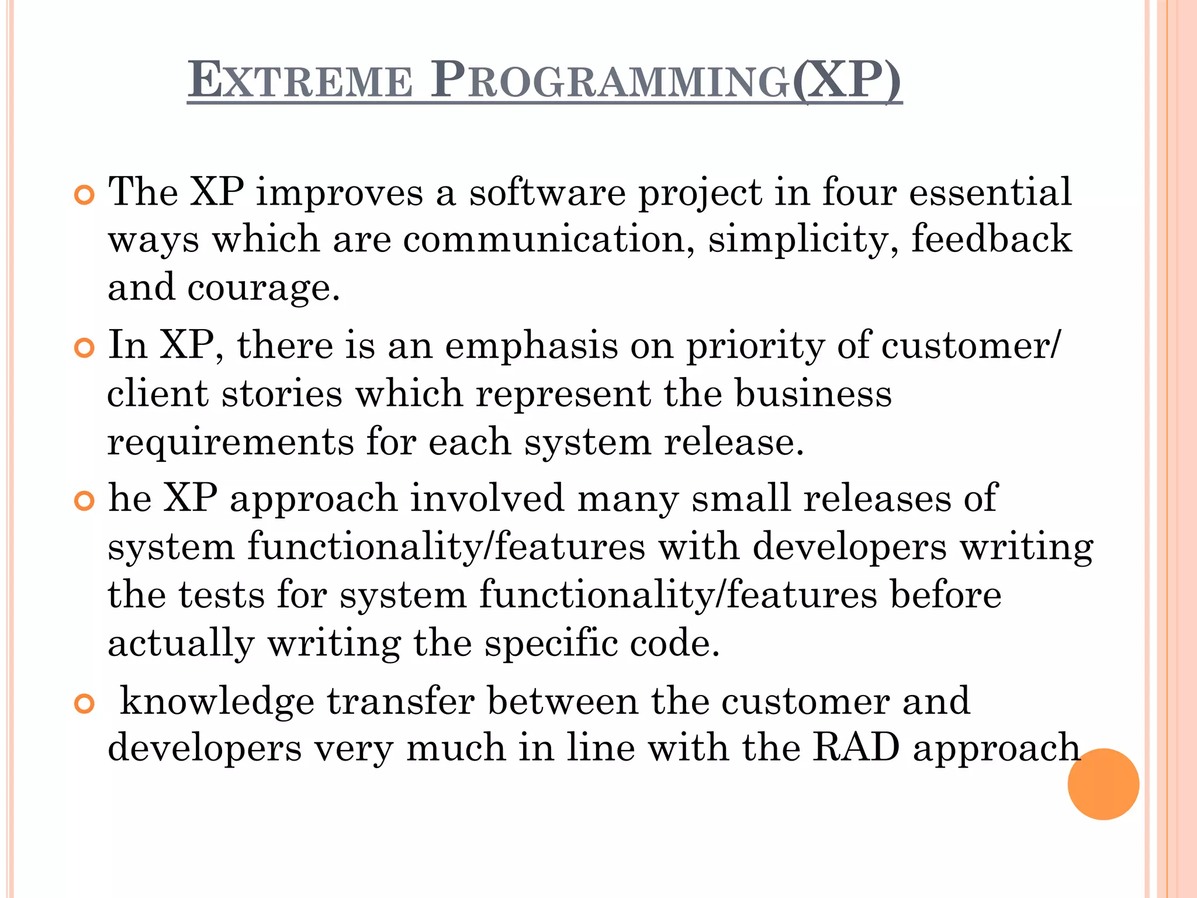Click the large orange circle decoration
[x=1103, y=784]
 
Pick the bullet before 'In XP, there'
[x=85, y=348]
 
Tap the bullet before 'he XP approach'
[x=85, y=501]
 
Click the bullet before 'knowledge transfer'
[x=85, y=704]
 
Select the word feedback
[x=991, y=239]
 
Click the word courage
[x=263, y=288]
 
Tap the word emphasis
[x=531, y=346]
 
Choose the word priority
[x=755, y=346]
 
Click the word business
[x=813, y=393]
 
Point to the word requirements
[x=230, y=443]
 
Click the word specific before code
[x=551, y=644]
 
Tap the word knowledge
[x=217, y=701]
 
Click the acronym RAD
[x=856, y=748]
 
